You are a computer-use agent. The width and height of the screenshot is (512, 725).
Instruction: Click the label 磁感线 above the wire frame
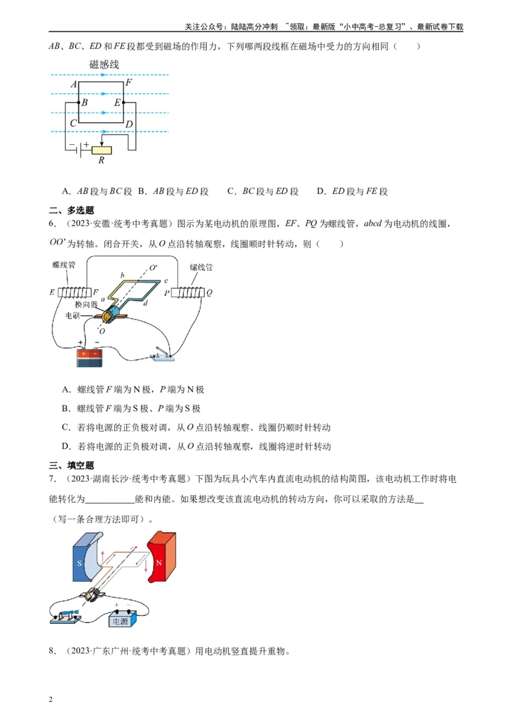click(104, 64)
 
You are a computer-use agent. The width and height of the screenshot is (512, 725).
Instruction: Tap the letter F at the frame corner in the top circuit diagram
click(129, 83)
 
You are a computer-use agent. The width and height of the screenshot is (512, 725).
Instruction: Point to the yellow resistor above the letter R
click(102, 150)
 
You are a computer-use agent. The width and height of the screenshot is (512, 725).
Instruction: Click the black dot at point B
click(77, 102)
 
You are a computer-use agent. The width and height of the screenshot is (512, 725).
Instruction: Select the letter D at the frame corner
click(129, 124)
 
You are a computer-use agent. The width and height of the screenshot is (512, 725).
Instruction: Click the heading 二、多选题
click(72, 210)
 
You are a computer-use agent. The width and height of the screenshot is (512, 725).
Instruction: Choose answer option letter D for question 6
click(66, 446)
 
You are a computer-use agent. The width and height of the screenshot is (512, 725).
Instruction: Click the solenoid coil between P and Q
click(188, 293)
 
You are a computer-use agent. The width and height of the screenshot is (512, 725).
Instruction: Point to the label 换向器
click(85, 305)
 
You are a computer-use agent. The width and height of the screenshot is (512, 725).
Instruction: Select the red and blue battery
click(90, 357)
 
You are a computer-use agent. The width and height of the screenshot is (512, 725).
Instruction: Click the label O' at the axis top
click(154, 268)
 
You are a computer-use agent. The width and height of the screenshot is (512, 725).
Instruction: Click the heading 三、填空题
click(72, 466)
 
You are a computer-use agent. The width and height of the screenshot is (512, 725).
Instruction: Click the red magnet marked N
click(162, 554)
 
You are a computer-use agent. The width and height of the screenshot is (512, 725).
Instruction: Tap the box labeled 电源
click(121, 620)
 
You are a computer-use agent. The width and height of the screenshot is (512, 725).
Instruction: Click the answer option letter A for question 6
click(66, 389)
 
